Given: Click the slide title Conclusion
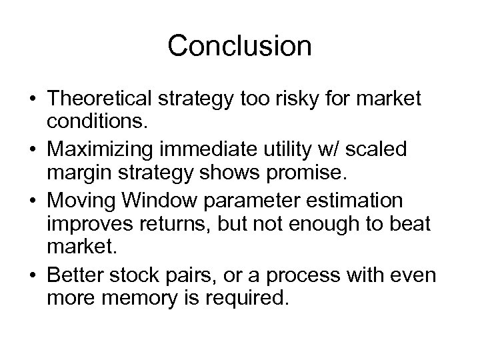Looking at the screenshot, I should click(x=239, y=46).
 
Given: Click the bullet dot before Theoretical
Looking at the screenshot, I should click(x=33, y=100).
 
